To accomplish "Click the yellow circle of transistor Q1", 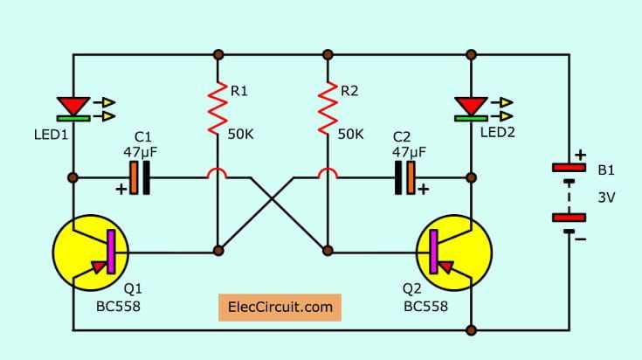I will click(x=91, y=253).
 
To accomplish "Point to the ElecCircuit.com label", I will click(x=280, y=308).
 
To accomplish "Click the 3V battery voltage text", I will click(x=606, y=198).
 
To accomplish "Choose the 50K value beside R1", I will click(x=242, y=135).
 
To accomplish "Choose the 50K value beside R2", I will click(x=350, y=135).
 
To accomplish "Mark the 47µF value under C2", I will click(x=409, y=152).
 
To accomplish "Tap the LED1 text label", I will click(x=50, y=135).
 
